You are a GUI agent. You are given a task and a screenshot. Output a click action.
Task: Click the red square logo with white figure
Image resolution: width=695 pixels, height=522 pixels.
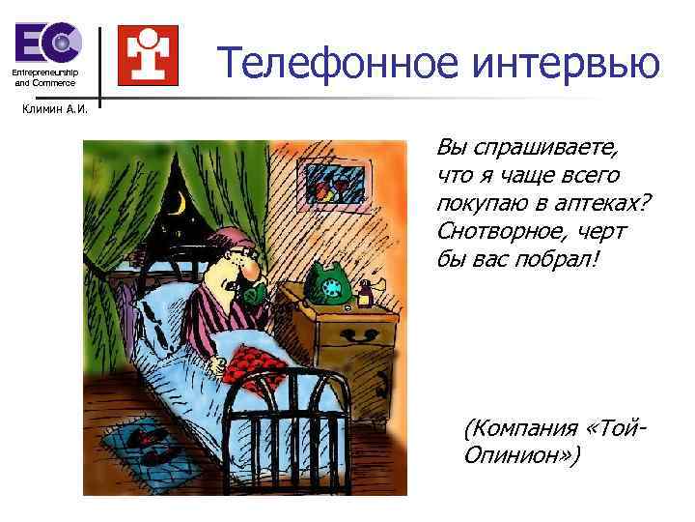147,55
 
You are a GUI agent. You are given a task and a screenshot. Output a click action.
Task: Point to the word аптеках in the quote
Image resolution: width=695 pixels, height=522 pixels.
589,204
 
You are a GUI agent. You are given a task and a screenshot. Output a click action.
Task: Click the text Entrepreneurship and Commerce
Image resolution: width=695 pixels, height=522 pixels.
44,77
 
